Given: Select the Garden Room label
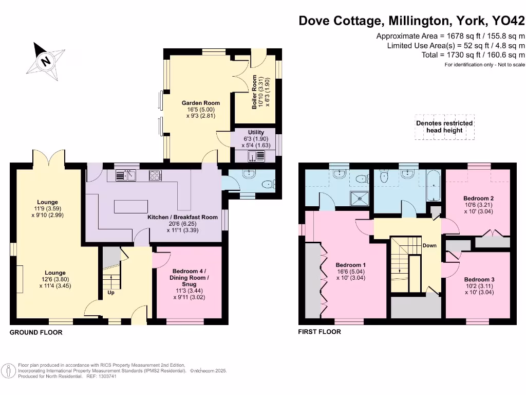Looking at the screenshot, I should coord(198,109).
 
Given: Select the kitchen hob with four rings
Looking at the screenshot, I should coord(155,175).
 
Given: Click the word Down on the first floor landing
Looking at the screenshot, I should coord(429,245).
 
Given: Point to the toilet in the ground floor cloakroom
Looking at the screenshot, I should coord(268,185).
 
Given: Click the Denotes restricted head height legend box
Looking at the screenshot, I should coord(444,127).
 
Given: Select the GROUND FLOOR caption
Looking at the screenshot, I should coord(36,333).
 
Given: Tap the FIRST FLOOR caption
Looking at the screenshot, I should coord(320,332).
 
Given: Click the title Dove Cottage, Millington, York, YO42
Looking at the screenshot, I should coord(412,21).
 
